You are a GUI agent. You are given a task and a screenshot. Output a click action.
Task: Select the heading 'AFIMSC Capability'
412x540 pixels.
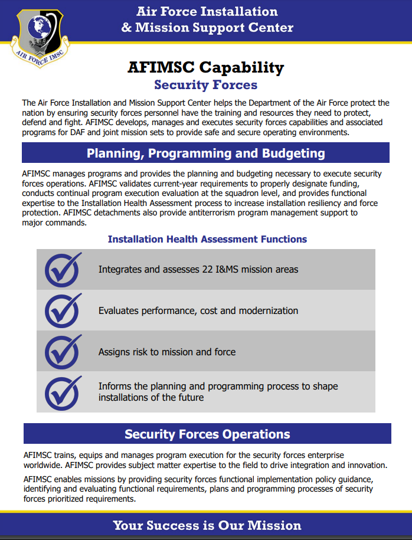(205, 67)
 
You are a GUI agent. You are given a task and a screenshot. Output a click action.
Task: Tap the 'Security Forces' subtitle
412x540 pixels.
(205, 85)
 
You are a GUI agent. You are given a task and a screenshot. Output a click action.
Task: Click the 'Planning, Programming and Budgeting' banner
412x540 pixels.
(205, 153)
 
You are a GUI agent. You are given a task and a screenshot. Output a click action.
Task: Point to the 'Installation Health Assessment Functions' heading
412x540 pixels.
(207, 239)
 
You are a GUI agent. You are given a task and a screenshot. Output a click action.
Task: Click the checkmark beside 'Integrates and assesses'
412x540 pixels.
(63, 270)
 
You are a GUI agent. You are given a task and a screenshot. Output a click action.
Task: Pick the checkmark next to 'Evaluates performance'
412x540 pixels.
(63, 310)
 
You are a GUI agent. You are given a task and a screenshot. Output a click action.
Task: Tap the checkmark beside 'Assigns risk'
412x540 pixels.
(63, 352)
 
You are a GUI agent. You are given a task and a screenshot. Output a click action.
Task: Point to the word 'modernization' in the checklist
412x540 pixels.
(269, 310)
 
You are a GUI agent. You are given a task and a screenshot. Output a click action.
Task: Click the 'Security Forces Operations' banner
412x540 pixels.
(207, 434)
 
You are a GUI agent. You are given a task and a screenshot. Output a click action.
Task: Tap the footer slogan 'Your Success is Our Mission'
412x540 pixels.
(207, 525)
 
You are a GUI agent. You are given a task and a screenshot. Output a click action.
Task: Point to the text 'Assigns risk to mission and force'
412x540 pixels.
(167, 352)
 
